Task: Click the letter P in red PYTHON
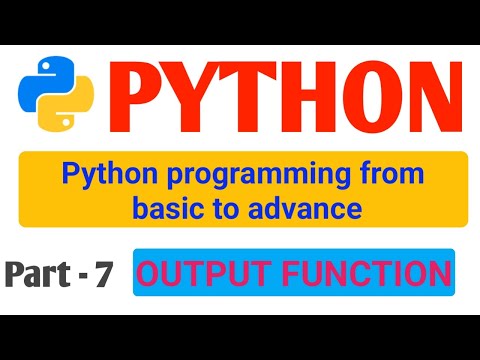pos(133,97)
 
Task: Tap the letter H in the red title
pos(307,97)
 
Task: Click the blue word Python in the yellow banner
pos(110,175)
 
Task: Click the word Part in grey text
pos(38,273)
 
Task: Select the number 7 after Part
pos(103,274)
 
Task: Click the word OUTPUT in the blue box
pos(203,273)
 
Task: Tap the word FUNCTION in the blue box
pos(366,273)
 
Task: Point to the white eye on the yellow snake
pos(66,122)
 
